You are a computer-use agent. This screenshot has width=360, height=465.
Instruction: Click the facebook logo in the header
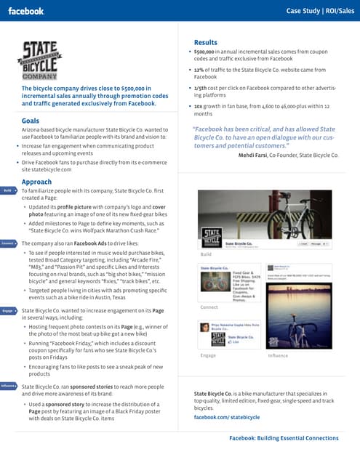[26, 11]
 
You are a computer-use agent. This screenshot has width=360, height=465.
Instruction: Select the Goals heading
[31, 121]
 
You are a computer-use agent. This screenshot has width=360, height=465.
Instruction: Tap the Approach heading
[36, 182]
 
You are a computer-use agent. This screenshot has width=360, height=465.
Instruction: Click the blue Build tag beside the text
[8, 190]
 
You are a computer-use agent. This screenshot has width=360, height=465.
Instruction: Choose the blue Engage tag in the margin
[8, 310]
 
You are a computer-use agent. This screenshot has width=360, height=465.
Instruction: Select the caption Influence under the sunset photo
[278, 355]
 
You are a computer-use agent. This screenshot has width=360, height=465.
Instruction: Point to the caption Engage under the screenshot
[208, 355]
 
